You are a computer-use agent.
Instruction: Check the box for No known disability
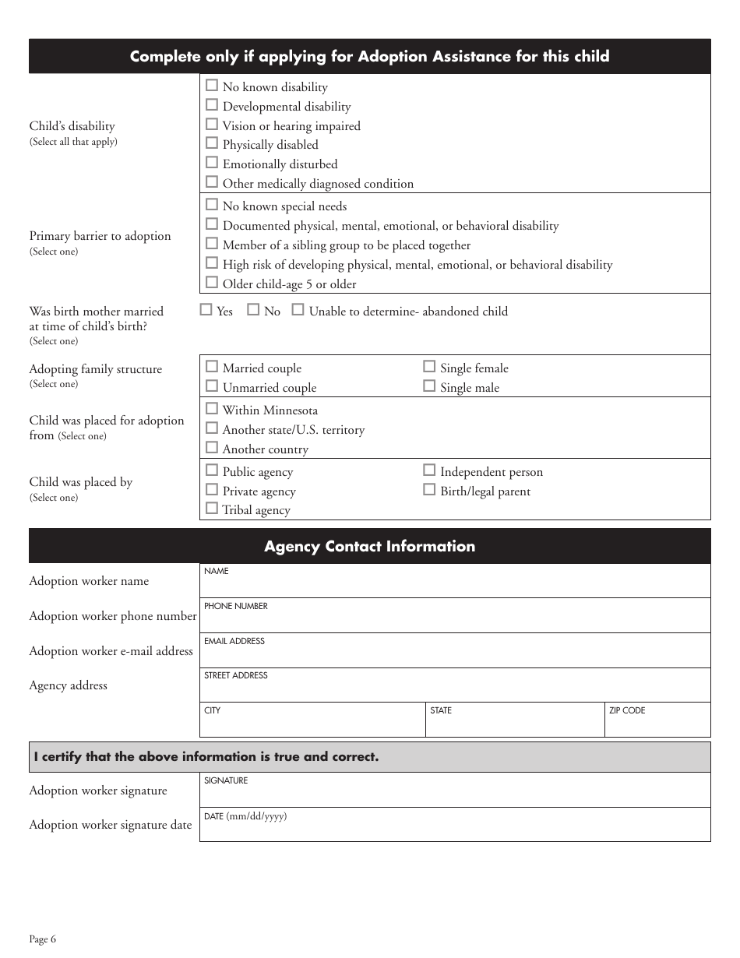[212, 86]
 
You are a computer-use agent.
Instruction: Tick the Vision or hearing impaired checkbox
[212, 125]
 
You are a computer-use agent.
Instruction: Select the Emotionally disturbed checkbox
[212, 163]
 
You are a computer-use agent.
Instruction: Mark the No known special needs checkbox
[212, 205]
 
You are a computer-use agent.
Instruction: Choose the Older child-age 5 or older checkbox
[212, 283]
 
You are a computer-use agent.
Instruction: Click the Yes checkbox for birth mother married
[206, 310]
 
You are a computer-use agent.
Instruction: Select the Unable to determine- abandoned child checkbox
[298, 310]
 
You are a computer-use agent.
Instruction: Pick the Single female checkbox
[429, 367]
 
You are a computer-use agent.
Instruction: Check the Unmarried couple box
[212, 386]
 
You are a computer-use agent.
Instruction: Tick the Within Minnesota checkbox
[212, 409]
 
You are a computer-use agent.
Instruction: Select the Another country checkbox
[212, 448]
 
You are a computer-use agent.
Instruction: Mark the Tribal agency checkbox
[212, 509]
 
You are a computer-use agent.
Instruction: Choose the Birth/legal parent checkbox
[429, 490]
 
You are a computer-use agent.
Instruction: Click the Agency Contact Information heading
[369, 546]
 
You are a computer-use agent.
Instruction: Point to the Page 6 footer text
[43, 939]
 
